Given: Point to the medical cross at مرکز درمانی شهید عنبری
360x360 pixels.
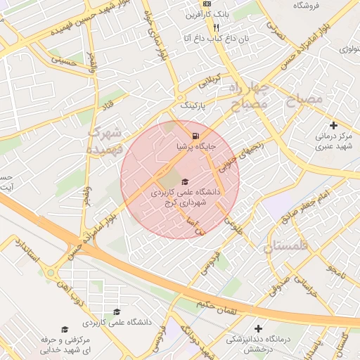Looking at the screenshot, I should click(333, 125).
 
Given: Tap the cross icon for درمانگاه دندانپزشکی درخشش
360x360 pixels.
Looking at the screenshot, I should click(259, 328).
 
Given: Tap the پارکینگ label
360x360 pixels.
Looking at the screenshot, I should click(195, 105).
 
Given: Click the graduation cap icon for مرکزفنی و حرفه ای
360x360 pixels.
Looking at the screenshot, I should click(64, 329).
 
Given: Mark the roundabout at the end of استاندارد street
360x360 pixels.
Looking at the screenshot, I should click(51, 272).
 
